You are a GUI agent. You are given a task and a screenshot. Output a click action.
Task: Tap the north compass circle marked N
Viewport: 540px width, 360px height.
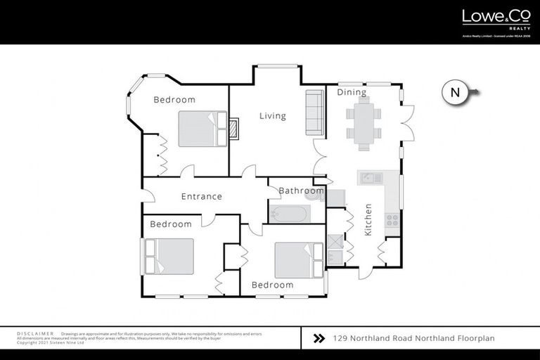pyautogui.click(x=455, y=92)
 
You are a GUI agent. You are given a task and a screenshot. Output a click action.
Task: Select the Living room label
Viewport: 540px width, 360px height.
pyautogui.click(x=272, y=116)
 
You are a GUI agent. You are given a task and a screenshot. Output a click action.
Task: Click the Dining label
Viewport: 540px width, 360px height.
pyautogui.click(x=352, y=92)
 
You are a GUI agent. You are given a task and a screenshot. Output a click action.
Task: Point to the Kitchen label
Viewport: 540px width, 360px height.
pyautogui.click(x=368, y=219)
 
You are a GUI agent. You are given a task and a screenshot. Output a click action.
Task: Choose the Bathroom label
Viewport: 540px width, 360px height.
pyautogui.click(x=301, y=191)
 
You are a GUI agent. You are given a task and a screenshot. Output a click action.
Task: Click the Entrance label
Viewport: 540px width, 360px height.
pyautogui.click(x=202, y=197)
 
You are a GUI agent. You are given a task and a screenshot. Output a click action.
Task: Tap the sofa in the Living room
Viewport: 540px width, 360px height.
pyautogui.click(x=314, y=112)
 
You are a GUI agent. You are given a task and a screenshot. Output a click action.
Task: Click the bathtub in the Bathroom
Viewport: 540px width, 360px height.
pyautogui.click(x=290, y=213)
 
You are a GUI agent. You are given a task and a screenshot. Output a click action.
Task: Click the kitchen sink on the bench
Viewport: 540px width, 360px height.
pyautogui.click(x=368, y=179)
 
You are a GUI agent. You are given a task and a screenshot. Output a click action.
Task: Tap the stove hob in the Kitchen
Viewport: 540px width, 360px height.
pyautogui.click(x=392, y=220)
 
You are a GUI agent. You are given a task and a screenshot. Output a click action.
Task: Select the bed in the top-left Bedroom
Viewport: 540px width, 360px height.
pyautogui.click(x=202, y=129)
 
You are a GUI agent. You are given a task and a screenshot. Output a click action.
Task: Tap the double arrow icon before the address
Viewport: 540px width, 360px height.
pyautogui.click(x=319, y=338)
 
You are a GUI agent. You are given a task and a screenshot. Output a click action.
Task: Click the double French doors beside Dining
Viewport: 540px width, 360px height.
pyautogui.click(x=407, y=124)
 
